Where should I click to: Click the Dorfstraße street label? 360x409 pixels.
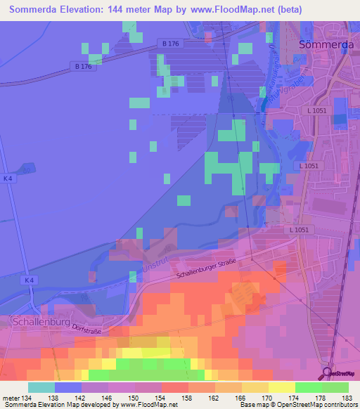[x=85, y=325]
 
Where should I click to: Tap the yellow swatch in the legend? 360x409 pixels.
[x=282, y=387]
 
